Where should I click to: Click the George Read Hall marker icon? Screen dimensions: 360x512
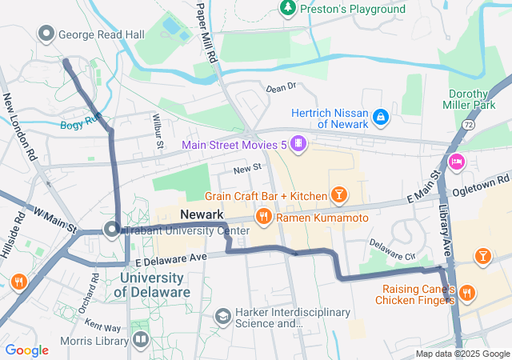tap(46, 34)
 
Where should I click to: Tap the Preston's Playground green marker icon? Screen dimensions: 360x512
tap(287, 8)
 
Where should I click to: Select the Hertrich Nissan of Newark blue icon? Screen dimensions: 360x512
tap(382, 118)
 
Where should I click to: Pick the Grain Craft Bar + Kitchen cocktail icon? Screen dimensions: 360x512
tap(339, 196)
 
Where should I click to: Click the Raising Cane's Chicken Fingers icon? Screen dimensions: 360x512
tap(466, 294)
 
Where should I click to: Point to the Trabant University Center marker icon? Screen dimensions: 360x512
tap(110, 231)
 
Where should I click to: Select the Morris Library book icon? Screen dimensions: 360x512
tap(141, 340)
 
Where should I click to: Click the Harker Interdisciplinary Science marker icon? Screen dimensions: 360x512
tap(222, 318)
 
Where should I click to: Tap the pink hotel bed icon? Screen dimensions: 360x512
tap(457, 162)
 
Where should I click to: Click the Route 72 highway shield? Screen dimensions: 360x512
tap(466, 126)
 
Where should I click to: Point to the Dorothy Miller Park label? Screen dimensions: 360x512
tap(478, 98)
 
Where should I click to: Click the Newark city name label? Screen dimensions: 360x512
tap(202, 214)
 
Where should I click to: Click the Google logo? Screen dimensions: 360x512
tap(26, 350)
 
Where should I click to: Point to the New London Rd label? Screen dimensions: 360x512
tap(21, 125)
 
